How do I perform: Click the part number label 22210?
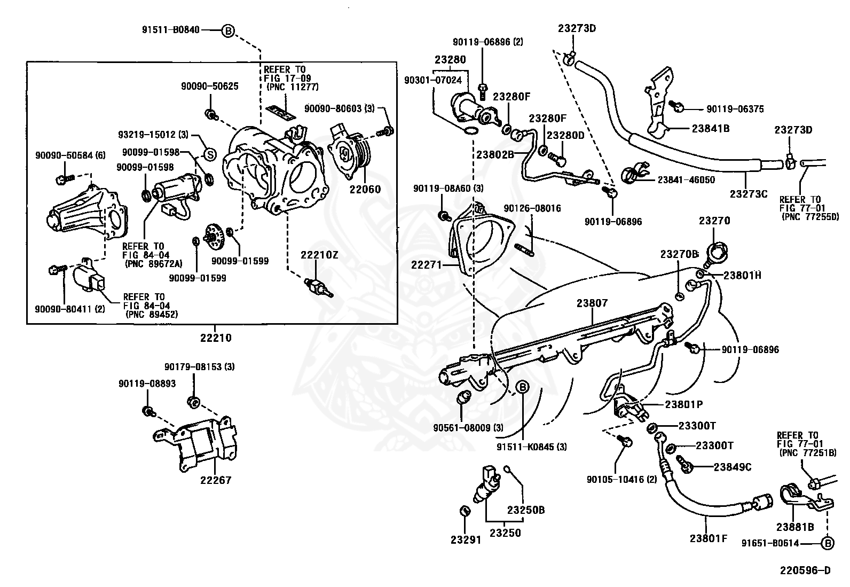216,338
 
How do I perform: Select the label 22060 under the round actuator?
365,189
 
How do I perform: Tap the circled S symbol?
210,155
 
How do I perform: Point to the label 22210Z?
319,255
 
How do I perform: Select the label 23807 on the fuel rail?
592,303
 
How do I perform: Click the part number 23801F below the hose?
708,538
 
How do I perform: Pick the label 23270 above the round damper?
714,221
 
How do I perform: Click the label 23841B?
710,128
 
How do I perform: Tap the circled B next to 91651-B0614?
827,544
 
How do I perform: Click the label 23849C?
732,467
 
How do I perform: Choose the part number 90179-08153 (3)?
199,367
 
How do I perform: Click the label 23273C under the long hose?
748,194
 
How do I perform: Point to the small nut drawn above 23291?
465,511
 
